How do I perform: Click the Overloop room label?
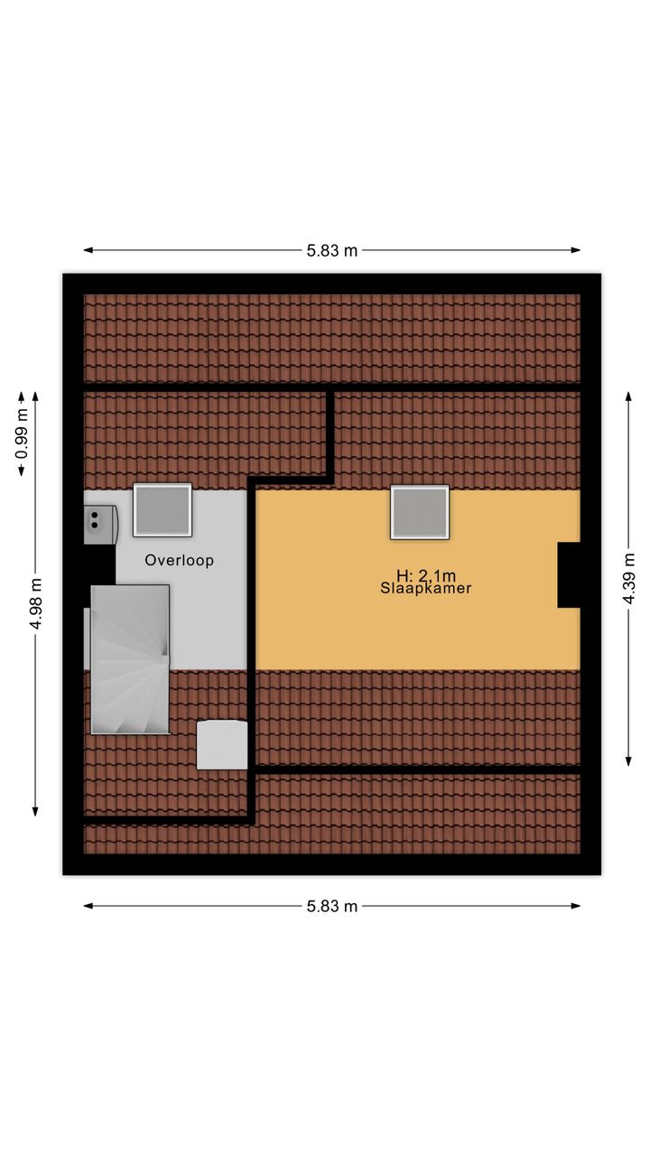[179, 560]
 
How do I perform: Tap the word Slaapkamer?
[426, 588]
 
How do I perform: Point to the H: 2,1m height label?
[426, 575]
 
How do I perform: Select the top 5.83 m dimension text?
[331, 250]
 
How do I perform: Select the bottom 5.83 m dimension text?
[331, 906]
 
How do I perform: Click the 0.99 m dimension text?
[22, 433]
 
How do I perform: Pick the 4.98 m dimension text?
[35, 604]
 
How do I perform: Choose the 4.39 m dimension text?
[629, 578]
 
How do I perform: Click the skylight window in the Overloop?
[162, 510]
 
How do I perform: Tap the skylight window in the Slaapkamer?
[420, 512]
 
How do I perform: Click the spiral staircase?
[130, 659]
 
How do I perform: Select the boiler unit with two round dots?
[100, 519]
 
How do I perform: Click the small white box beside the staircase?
[222, 745]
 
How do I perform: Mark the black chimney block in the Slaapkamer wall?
[569, 575]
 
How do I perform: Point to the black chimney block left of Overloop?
[99, 575]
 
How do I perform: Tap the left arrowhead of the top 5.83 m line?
[88, 250]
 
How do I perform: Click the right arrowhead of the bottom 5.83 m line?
[576, 906]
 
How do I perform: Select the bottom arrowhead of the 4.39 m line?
[628, 760]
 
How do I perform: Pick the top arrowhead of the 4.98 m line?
[35, 396]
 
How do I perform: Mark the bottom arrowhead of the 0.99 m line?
[21, 471]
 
